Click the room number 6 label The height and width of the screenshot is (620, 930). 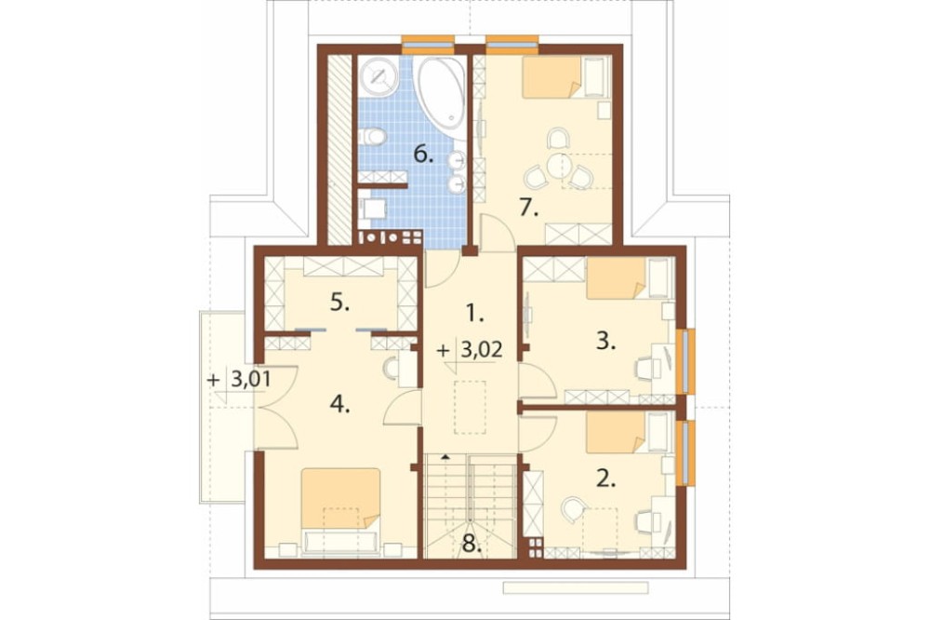(423, 155)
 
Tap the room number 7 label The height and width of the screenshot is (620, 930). (528, 208)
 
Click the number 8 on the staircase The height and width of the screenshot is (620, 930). (472, 545)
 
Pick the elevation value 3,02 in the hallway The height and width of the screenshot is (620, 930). (481, 350)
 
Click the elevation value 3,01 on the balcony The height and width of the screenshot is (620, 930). (249, 379)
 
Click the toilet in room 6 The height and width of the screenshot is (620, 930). (373, 137)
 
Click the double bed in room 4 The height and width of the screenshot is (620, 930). (340, 510)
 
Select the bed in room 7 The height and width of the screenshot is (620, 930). (565, 77)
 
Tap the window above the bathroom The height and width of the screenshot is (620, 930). (428, 43)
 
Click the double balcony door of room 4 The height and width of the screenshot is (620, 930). (275, 408)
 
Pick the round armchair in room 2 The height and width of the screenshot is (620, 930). (573, 509)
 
